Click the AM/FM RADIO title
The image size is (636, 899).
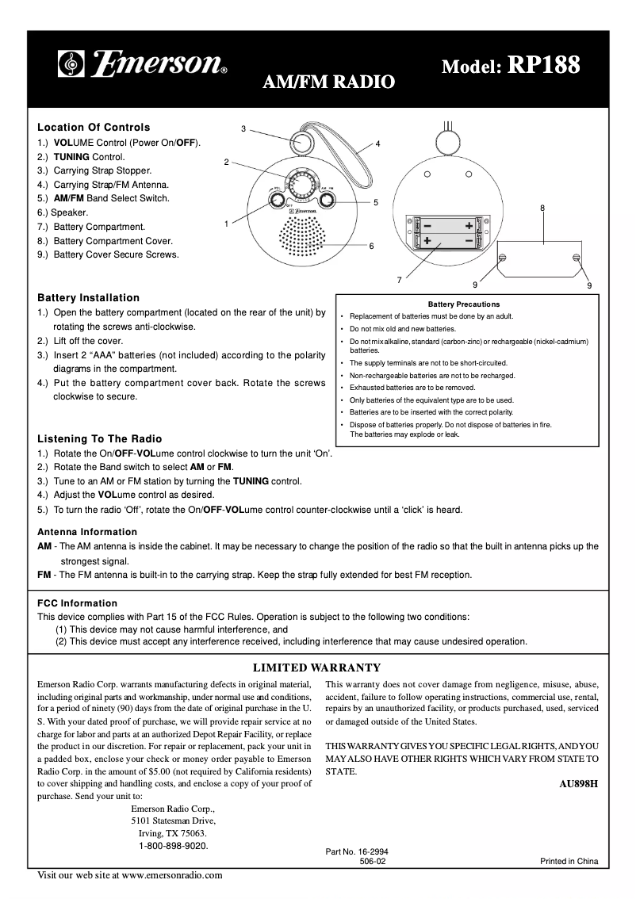click(x=328, y=81)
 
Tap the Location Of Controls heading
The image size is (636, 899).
click(x=94, y=127)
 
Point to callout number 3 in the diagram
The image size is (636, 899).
click(x=243, y=128)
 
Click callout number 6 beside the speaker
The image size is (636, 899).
click(x=371, y=246)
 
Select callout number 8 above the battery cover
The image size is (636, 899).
click(x=542, y=208)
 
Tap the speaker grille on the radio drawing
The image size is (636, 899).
click(x=305, y=235)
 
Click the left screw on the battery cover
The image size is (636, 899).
click(x=502, y=257)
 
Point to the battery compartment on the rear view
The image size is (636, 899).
click(x=447, y=232)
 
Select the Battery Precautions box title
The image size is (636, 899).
click(x=464, y=304)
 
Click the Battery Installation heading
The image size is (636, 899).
click(x=89, y=298)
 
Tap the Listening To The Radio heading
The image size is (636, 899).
click(x=100, y=438)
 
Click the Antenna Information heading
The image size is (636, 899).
click(x=87, y=532)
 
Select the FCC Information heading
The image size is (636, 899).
click(x=78, y=603)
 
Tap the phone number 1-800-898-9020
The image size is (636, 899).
click(x=174, y=847)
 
